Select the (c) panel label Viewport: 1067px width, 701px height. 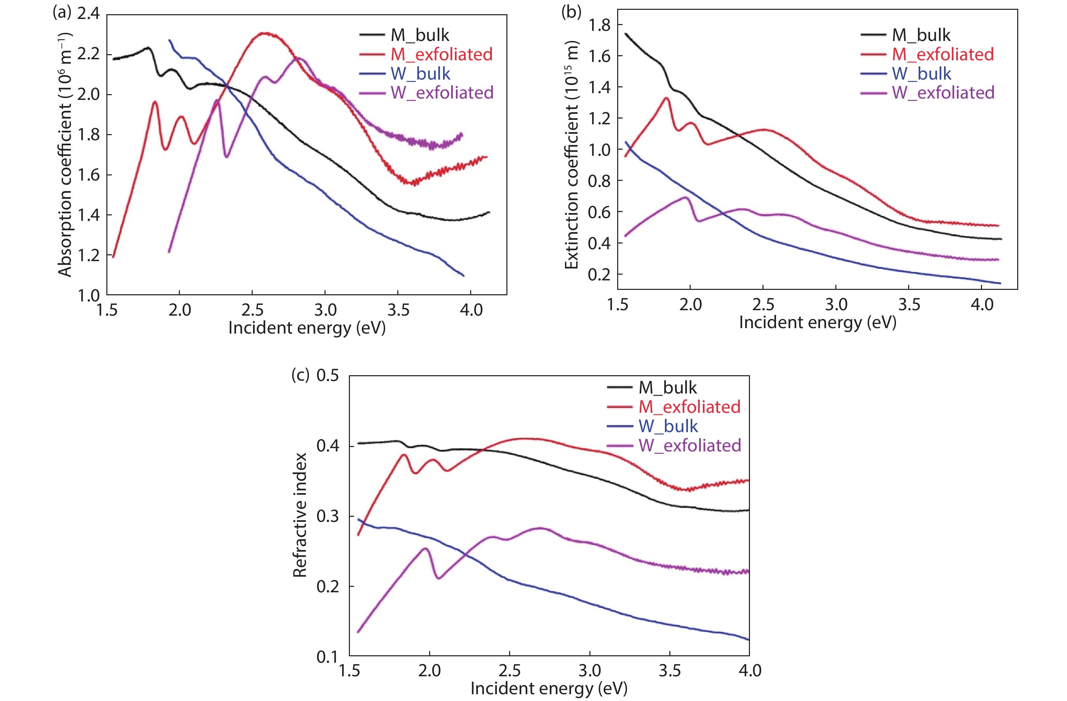pos(300,375)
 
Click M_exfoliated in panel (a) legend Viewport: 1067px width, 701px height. pos(441,54)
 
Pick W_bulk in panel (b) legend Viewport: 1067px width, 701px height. pos(921,73)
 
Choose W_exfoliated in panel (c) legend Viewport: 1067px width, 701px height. pos(689,445)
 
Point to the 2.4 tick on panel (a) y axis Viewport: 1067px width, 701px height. pos(88,14)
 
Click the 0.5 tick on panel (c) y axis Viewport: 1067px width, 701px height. pos(328,375)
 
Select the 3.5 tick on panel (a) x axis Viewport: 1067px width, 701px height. pos(398,310)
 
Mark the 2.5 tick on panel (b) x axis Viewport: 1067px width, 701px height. pos(763,305)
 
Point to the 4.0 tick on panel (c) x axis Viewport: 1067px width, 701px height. pos(750,671)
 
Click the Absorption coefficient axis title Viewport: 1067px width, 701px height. pos(65,155)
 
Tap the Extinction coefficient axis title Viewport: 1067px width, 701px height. pos(572,155)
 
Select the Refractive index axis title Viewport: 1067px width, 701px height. pos(299,514)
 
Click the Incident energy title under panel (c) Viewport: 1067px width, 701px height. pos(549,688)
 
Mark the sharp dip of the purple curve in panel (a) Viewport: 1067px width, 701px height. pos(226,157)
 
